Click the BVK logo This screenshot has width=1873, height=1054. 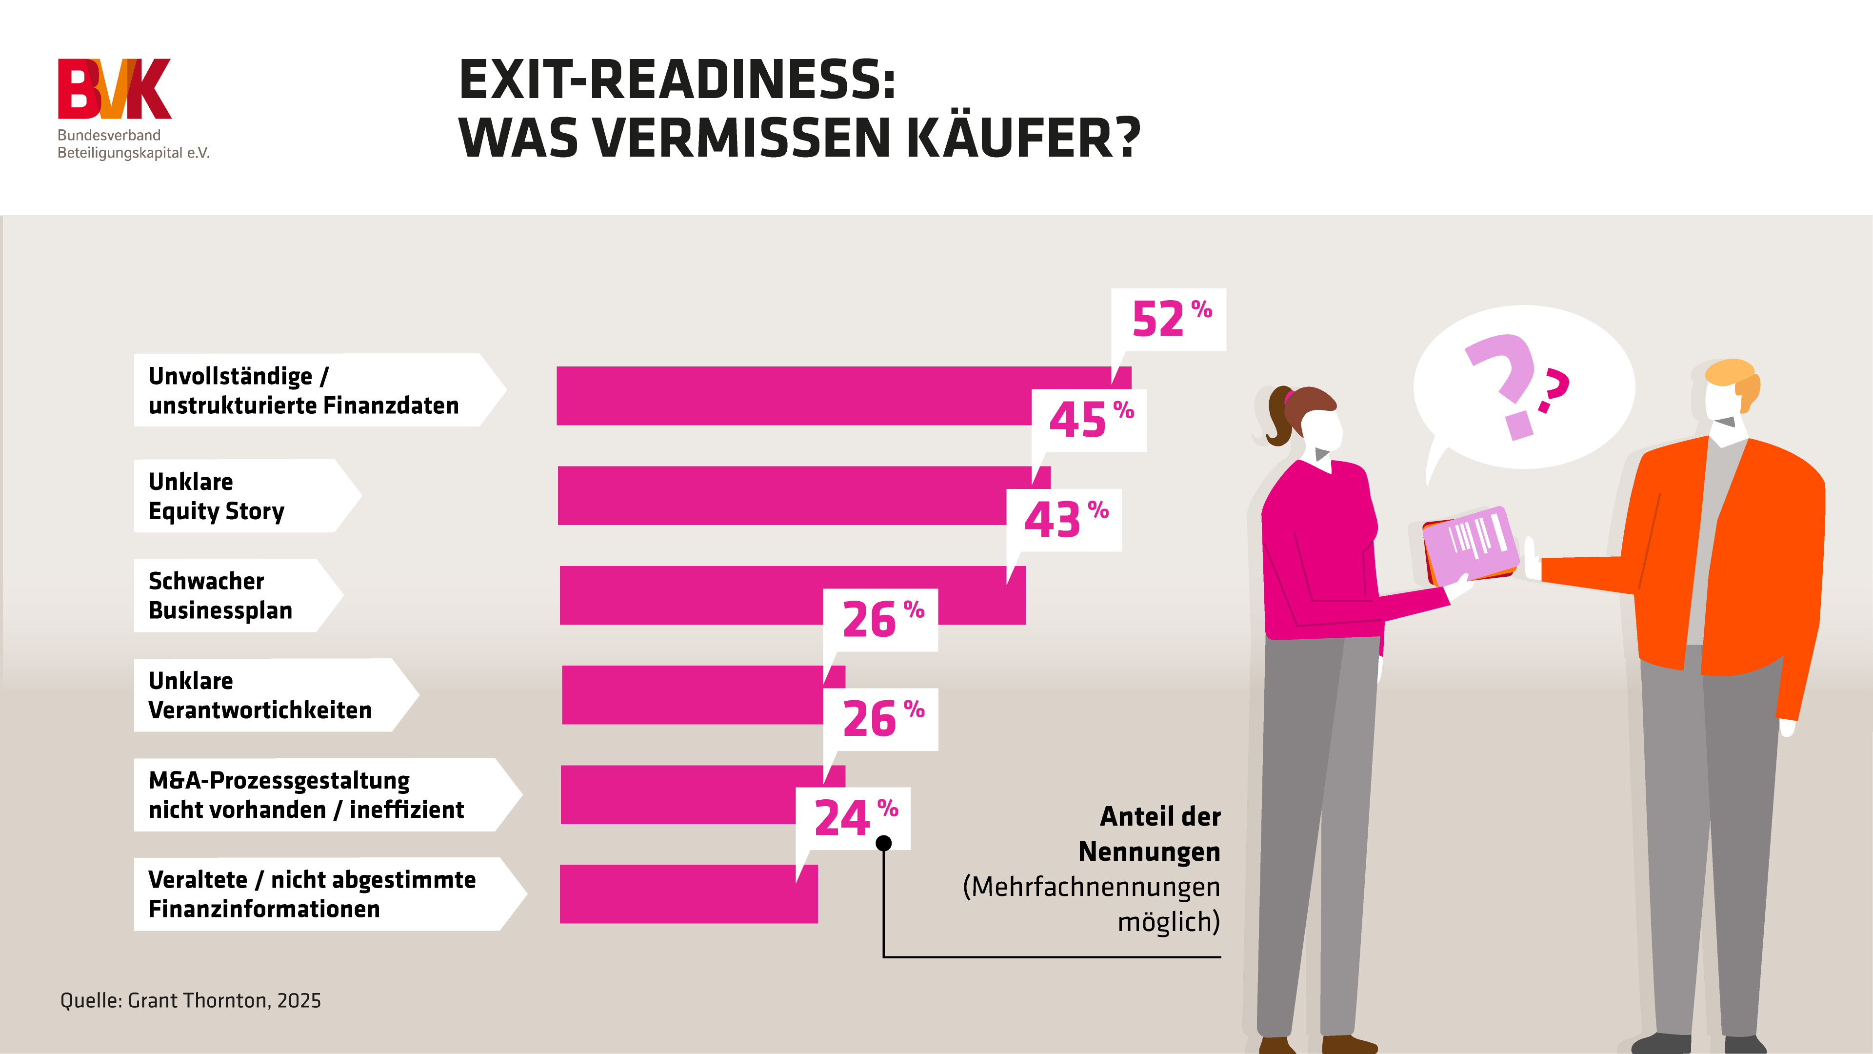114,89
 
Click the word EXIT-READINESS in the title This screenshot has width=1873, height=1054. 676,80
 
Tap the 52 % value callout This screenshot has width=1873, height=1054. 1169,320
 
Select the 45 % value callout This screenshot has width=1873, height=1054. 1089,421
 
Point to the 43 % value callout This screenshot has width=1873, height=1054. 1064,520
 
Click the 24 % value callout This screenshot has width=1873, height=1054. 852,818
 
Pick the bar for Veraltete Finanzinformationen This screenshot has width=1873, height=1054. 688,894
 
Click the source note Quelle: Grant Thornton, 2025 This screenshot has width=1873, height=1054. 191,1001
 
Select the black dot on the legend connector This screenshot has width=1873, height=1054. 883,843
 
